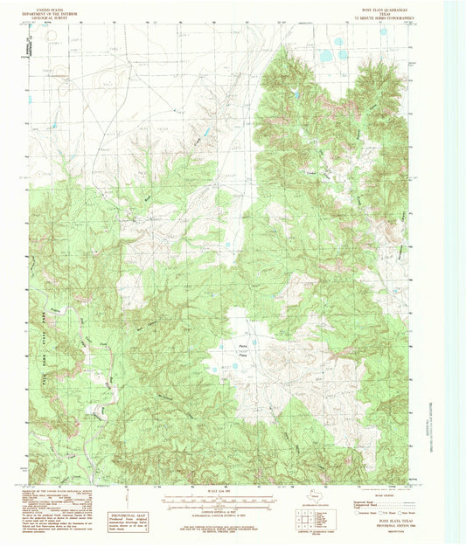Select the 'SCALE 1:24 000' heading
[x=221, y=487]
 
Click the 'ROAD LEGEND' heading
[x=387, y=488]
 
